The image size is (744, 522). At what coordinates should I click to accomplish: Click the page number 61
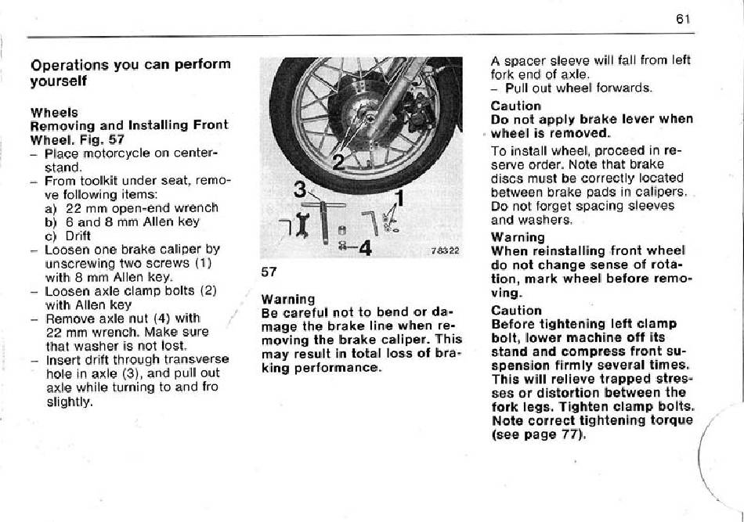point(683,19)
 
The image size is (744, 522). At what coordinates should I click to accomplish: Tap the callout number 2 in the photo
point(338,163)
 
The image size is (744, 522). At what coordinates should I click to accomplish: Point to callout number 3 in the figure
point(300,189)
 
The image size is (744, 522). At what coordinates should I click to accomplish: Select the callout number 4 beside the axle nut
point(365,247)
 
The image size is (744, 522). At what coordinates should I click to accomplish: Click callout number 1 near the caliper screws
point(400,198)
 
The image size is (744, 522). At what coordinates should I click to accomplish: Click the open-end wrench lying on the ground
point(302,225)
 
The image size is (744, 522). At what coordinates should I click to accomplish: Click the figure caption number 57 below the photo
point(269,272)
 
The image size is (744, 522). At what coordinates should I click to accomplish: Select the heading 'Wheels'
point(54,113)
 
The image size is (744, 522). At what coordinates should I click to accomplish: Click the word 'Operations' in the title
point(70,64)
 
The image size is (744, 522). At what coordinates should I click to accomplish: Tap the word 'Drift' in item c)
point(78,236)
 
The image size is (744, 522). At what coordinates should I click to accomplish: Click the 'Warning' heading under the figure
point(288,299)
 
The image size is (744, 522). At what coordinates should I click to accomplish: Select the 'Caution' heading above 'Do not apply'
point(516,106)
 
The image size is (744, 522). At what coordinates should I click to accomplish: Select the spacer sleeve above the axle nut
point(342,232)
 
